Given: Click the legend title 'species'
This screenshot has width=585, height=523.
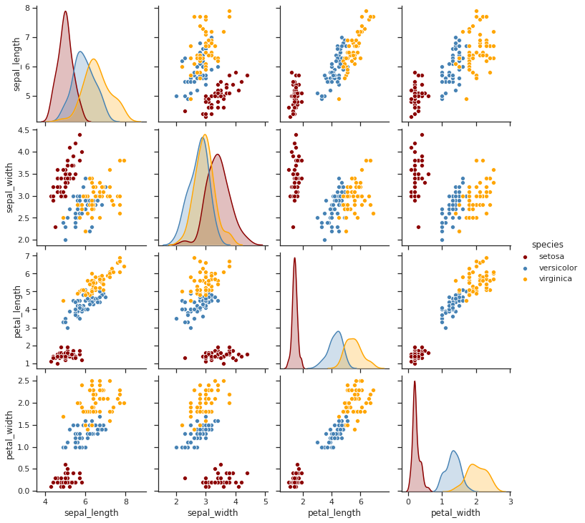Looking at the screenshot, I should pos(547,245).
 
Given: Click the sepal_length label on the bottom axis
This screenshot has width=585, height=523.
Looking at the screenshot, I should pos(91,513).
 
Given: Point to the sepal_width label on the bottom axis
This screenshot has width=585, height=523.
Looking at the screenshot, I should pos(212,513).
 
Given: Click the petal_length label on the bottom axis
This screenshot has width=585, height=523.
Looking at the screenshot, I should pos(334,513).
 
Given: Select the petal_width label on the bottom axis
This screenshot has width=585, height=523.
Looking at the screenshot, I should pos(456,513).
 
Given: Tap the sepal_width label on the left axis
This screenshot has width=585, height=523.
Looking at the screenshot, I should pos(10,185).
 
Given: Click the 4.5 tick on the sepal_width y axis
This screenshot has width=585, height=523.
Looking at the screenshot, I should pos(24,130).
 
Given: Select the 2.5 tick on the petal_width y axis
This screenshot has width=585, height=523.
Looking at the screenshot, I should pos(24,381).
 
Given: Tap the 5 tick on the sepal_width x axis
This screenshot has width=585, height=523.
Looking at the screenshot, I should pos(266,502).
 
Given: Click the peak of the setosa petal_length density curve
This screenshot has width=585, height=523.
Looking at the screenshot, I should pos(294,258).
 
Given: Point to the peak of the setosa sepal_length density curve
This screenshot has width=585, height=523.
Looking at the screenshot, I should pos(65,11).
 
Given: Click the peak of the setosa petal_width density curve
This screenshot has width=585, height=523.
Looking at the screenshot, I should pos(414,381).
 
